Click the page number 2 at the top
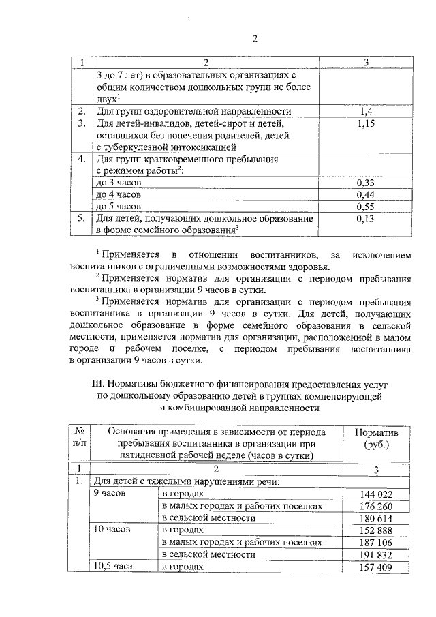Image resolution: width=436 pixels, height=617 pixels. click(255, 38)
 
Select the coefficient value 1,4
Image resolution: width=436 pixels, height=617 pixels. click(366, 111)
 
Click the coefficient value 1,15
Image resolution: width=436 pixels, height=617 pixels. click(366, 123)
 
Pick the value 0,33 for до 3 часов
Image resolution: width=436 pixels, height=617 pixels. click(366, 183)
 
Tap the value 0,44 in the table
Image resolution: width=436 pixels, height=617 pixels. click(366, 194)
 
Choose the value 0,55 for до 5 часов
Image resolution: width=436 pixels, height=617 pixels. click(366, 206)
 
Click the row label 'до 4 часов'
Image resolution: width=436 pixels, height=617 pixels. click(119, 194)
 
